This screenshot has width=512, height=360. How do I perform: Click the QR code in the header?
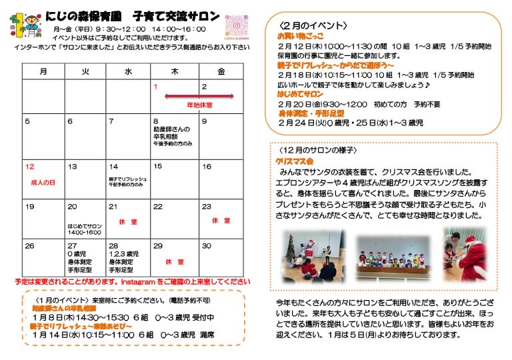[x=237, y=28]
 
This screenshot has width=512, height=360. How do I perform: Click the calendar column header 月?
[x=43, y=71]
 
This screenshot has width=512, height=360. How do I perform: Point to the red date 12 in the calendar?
[x=29, y=167]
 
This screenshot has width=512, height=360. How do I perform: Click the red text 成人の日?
[x=43, y=182]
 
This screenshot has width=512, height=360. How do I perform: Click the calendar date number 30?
[x=206, y=246]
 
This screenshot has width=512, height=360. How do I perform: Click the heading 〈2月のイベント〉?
[x=313, y=25]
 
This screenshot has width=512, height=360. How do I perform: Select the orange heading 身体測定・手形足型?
[x=311, y=114]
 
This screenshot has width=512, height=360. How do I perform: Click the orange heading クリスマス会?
[x=295, y=161]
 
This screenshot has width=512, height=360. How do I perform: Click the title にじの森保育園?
[x=88, y=15]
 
